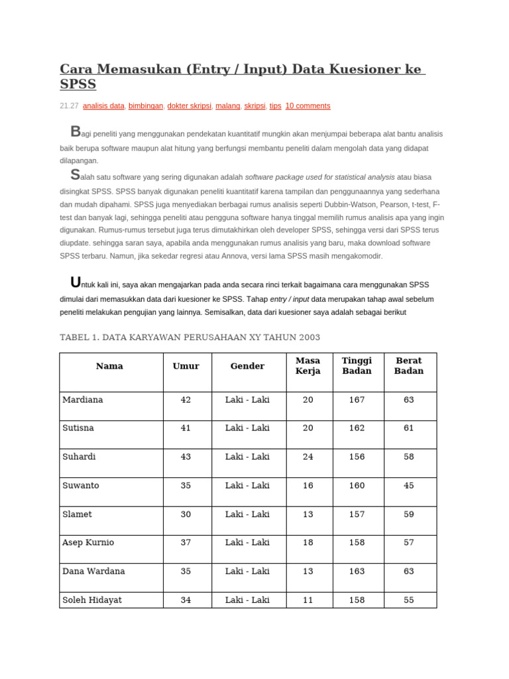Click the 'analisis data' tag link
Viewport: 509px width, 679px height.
(x=103, y=105)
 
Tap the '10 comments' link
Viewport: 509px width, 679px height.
(x=308, y=105)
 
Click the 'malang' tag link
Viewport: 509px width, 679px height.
(x=229, y=105)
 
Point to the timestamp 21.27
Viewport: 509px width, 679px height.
(x=69, y=105)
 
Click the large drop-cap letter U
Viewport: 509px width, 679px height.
(x=77, y=282)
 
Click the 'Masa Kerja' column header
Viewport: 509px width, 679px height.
(x=308, y=366)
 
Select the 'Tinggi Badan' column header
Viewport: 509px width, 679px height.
(x=357, y=366)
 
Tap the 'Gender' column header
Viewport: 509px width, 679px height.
(x=247, y=366)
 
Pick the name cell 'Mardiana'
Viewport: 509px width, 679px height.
(x=83, y=400)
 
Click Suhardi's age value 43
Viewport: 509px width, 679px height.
(x=186, y=457)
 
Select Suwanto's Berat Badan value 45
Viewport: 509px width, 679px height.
(x=408, y=485)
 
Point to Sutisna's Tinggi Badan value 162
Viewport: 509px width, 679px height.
(x=357, y=428)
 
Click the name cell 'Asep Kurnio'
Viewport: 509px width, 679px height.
(x=88, y=542)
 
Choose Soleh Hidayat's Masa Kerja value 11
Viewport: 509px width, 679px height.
(x=308, y=600)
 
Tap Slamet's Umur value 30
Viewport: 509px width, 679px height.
(x=186, y=514)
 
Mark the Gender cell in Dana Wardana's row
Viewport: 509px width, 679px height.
(x=247, y=571)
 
